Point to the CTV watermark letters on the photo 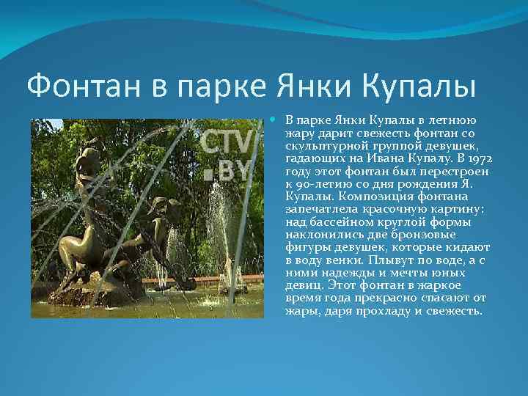click(227, 142)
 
